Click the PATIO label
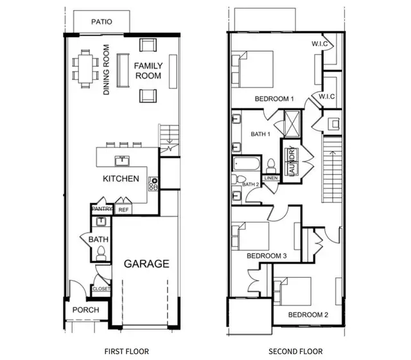pos(101,22)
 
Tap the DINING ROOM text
pos(107,69)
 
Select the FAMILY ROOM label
pos(148,71)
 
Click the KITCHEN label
pos(120,178)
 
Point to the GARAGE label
pos(146,264)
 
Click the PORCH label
pos(85,309)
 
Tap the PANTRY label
pos(101,209)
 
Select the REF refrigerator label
pos(123,210)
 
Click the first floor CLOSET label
pos(101,289)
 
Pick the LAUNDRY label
pos(291,163)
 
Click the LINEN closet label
pos(270,177)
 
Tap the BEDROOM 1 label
pos(274,99)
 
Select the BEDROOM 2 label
pos(308,314)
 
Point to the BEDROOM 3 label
pos(267,256)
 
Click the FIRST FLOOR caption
pos(127,351)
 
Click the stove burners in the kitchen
pos(153,184)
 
